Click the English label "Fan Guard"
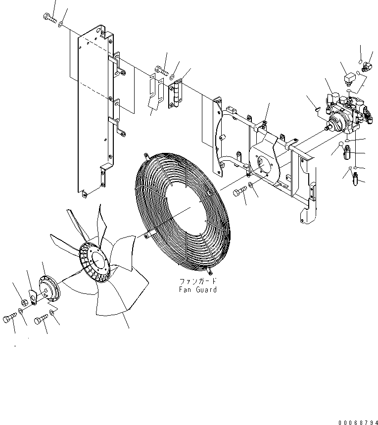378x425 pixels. pyautogui.click(x=198, y=289)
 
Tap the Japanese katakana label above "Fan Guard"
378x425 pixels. pyautogui.click(x=198, y=281)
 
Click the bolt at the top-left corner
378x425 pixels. pyautogui.click(x=48, y=19)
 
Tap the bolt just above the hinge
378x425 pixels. pyautogui.click(x=159, y=70)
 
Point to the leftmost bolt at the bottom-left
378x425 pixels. pyautogui.click(x=8, y=319)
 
